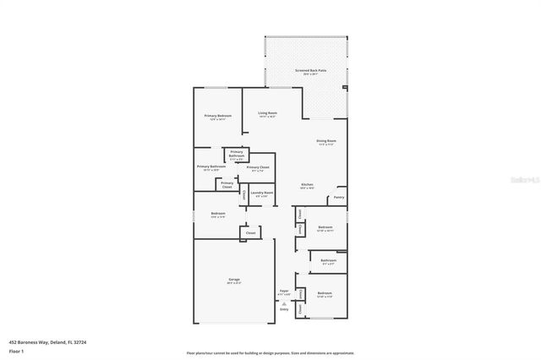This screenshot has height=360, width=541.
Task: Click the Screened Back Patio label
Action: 310,71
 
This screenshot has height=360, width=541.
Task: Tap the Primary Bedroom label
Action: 217,116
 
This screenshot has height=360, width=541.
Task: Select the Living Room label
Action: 268,113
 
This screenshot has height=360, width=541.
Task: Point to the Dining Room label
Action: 326,141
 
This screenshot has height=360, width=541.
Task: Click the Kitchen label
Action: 309,185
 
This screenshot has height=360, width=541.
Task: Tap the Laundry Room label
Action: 262,193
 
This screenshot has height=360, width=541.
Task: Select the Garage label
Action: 234,281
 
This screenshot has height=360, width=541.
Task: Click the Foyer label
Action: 284,291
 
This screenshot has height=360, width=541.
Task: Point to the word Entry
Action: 284,309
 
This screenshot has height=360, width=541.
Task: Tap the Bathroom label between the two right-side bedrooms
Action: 328,260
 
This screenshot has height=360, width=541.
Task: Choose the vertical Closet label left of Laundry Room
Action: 244,194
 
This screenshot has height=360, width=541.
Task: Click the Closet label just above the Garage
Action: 250,232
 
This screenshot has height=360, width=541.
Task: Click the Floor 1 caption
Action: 16,351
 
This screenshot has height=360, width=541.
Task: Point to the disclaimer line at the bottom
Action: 270,352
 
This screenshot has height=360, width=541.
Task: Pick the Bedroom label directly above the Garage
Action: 217,214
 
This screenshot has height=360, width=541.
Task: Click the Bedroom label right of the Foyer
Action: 325,293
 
